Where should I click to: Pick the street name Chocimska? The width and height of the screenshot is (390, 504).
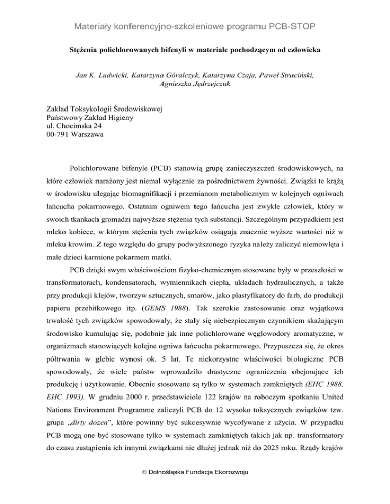73,126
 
